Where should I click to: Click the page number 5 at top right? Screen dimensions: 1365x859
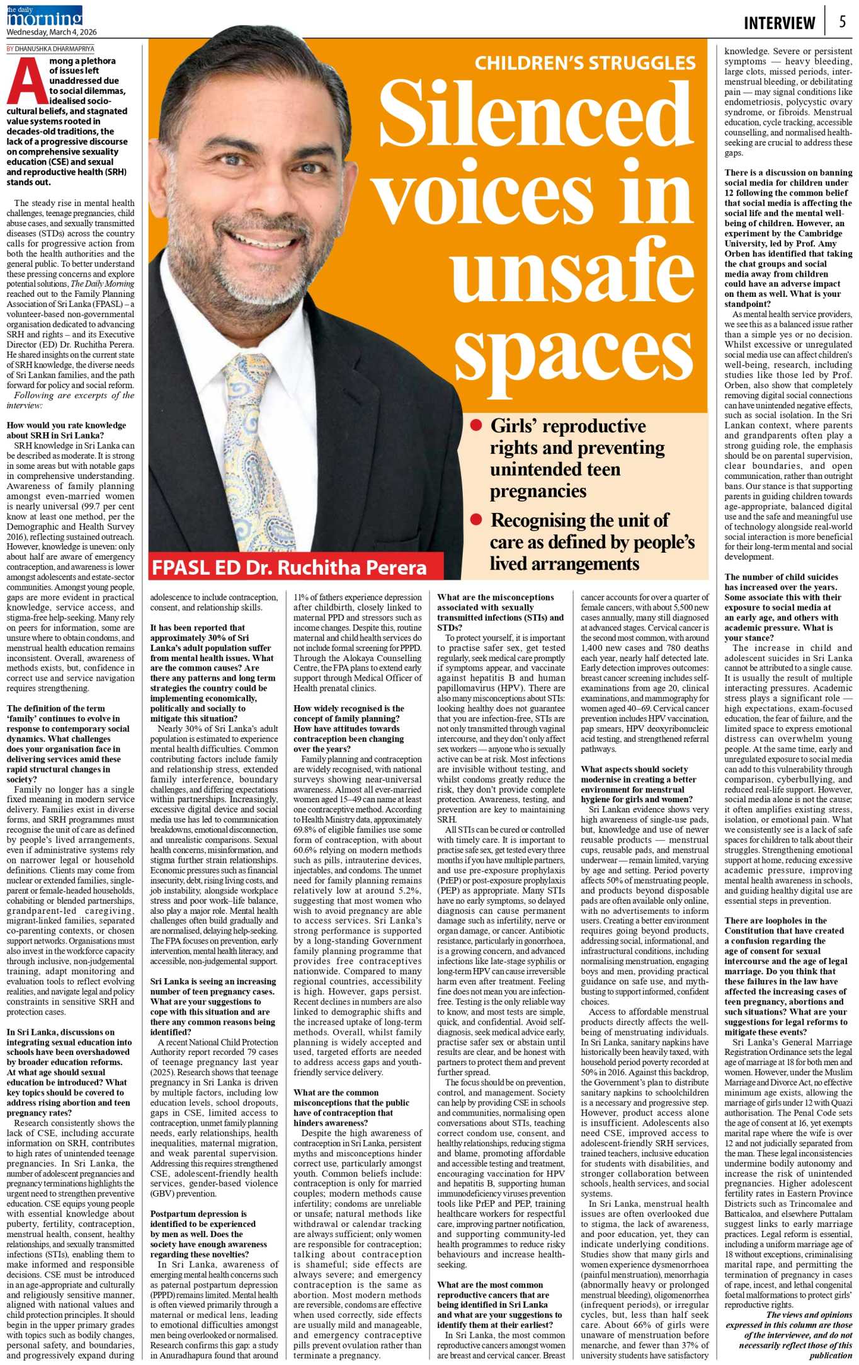[842, 21]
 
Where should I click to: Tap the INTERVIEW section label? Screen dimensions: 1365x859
[779, 23]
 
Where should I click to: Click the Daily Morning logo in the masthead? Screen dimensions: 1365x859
[45, 16]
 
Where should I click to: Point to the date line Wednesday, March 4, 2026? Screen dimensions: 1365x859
[52, 32]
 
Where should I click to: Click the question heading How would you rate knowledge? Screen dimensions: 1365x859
[66, 430]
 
